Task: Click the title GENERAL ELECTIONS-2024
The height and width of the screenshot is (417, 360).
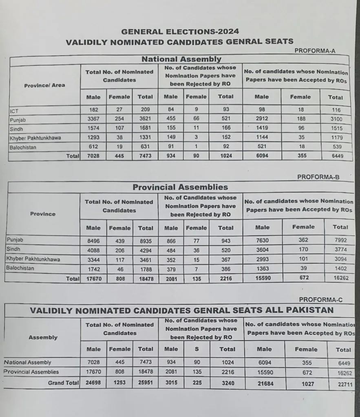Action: (x=180, y=32)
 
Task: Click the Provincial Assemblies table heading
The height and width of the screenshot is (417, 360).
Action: (x=180, y=187)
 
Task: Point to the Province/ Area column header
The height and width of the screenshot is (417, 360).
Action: (x=44, y=85)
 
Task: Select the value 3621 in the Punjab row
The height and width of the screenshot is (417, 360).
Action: (x=145, y=119)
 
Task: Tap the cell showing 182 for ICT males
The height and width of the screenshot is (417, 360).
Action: (x=93, y=110)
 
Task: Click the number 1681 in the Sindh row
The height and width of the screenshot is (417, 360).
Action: (x=145, y=129)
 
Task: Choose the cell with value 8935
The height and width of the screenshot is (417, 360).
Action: (x=146, y=241)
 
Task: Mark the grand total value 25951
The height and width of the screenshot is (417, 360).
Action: (x=146, y=383)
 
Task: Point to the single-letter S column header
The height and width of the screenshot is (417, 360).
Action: (x=197, y=349)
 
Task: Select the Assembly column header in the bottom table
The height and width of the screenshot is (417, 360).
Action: (x=43, y=337)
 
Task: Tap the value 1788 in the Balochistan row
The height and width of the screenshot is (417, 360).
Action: (x=146, y=269)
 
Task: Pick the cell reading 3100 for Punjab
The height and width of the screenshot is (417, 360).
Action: (x=336, y=119)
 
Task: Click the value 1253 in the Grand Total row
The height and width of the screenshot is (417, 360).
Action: (x=119, y=383)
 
